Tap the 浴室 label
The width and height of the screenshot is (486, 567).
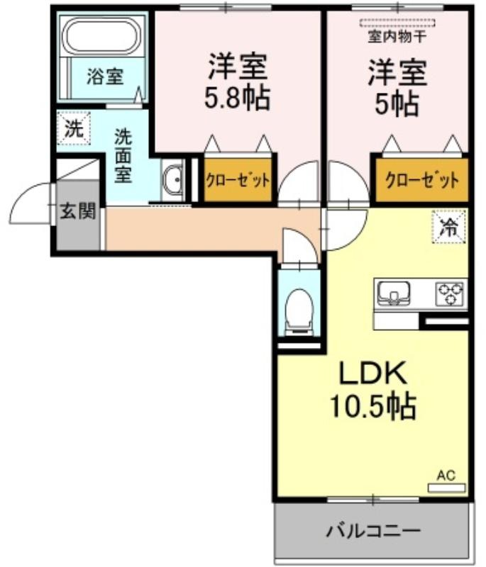click(105, 77)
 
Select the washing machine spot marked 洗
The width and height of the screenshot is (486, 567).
click(74, 128)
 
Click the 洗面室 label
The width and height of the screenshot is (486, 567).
click(123, 156)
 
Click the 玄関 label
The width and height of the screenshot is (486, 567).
click(78, 210)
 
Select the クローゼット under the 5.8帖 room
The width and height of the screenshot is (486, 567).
click(238, 180)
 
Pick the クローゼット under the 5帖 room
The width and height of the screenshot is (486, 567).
click(422, 180)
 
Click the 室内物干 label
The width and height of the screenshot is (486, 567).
click(397, 37)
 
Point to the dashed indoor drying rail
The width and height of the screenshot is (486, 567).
click(397, 23)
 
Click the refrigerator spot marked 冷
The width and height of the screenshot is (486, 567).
click(448, 227)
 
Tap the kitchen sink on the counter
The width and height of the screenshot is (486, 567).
click(393, 293)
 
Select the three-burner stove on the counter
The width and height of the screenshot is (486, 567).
click(451, 293)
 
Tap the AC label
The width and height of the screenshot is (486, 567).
click(446, 475)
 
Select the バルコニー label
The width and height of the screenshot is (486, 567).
click(373, 531)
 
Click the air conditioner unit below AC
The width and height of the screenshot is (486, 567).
click(446, 488)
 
